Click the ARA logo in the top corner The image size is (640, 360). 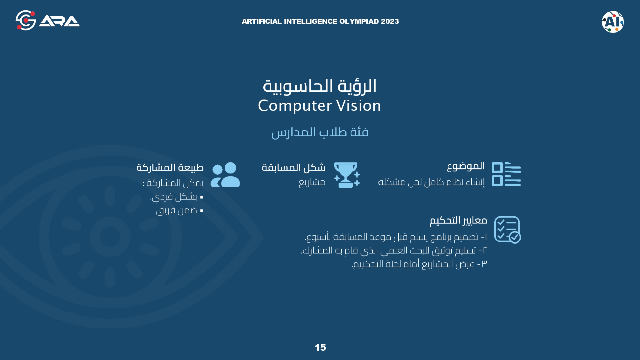pyautogui.click(x=48, y=20)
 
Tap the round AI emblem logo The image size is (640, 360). pyautogui.click(x=613, y=22)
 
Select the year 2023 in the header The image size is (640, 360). pyautogui.click(x=390, y=21)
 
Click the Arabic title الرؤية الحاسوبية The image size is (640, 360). pyautogui.click(x=320, y=86)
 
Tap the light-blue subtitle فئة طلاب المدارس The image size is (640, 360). pyautogui.click(x=320, y=133)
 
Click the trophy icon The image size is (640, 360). pyautogui.click(x=347, y=175)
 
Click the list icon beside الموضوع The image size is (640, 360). pyautogui.click(x=506, y=174)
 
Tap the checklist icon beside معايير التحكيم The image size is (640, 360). pyautogui.click(x=507, y=229)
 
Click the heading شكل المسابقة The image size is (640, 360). pyautogui.click(x=293, y=168)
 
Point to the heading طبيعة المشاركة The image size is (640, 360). pyautogui.click(x=170, y=168)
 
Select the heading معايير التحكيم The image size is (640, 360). pyautogui.click(x=458, y=221)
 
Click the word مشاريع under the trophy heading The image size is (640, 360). pyautogui.click(x=312, y=182)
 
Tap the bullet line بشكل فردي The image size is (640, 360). pyautogui.click(x=176, y=197)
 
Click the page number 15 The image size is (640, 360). pyautogui.click(x=320, y=348)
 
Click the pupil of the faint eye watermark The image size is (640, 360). pyautogui.click(x=110, y=237)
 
